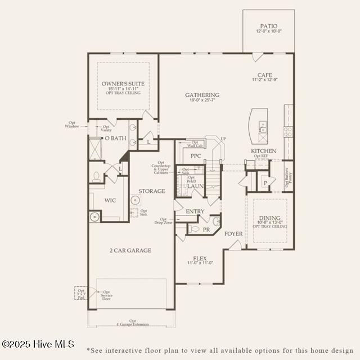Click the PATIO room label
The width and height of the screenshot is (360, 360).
click(268, 26)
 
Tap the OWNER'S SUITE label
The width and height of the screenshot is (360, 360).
click(123, 84)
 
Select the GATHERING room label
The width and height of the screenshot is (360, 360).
click(202, 95)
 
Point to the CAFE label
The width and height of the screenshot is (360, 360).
click(265, 75)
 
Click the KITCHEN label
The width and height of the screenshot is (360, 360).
click(263, 151)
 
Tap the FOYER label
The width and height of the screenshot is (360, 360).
click(233, 233)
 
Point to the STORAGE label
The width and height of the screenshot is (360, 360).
click(152, 191)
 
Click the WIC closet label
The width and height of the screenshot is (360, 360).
click(110, 200)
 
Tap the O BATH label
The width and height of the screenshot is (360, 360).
click(115, 138)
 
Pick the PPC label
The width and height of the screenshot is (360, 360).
click(196, 156)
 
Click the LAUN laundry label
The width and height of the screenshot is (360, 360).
click(195, 186)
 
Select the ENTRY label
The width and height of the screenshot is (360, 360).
click(195, 211)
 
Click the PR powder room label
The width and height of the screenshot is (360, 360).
click(206, 229)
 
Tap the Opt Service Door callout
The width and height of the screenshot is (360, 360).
click(106, 295)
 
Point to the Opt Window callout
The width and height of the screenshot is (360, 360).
click(72, 125)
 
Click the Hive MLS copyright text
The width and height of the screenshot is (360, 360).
click(38, 344)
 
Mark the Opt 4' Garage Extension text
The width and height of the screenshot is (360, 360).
click(133, 323)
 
